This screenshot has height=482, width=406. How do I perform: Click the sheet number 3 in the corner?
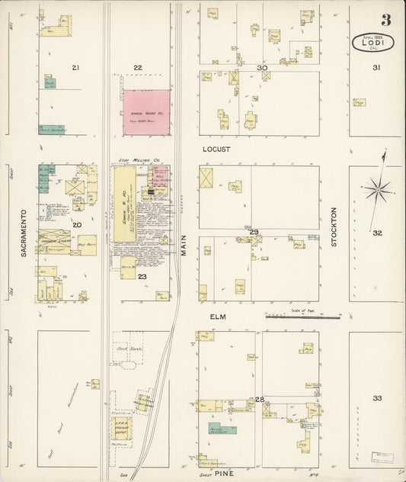(x=386, y=20)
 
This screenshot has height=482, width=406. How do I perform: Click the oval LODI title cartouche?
(x=372, y=42)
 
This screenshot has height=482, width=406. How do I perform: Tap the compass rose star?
(x=378, y=188)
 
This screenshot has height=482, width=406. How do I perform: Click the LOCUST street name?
(x=216, y=149)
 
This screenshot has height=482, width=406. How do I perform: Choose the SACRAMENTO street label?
(x=24, y=232)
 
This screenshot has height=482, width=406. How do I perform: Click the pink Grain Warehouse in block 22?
(x=146, y=112)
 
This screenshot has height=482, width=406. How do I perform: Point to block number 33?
(x=377, y=398)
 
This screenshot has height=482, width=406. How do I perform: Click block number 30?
(x=262, y=69)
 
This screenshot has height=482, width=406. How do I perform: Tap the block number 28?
(x=260, y=400)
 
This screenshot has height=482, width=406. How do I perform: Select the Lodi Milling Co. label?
(x=138, y=160)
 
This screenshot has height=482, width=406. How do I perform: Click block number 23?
(x=142, y=277)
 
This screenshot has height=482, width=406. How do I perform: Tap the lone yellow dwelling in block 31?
(x=359, y=102)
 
